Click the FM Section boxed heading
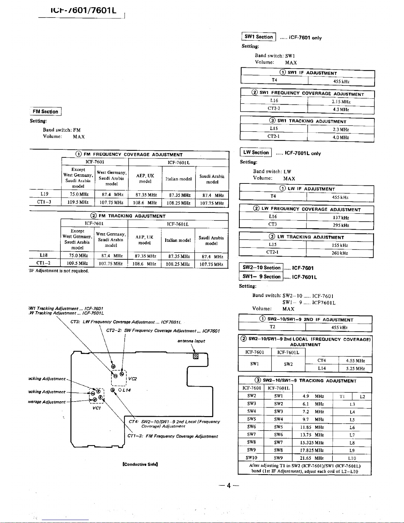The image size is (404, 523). click(x=46, y=112)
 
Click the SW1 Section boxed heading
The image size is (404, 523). click(x=259, y=37)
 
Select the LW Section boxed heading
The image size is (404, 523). click(x=256, y=152)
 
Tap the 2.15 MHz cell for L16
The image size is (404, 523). click(x=341, y=102)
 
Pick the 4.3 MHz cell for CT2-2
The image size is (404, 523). click(x=341, y=110)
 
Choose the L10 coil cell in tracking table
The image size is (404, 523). click(x=352, y=458)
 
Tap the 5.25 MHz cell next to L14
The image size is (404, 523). click(x=355, y=369)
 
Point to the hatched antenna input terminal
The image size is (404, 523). click(x=196, y=356)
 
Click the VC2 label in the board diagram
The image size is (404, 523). click(x=133, y=379)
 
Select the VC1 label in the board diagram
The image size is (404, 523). click(x=97, y=408)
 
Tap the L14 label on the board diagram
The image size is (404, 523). click(x=126, y=390)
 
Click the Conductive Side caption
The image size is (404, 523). click(x=140, y=464)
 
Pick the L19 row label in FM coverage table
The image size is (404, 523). click(x=45, y=194)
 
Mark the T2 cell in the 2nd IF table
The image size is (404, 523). click(x=272, y=327)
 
